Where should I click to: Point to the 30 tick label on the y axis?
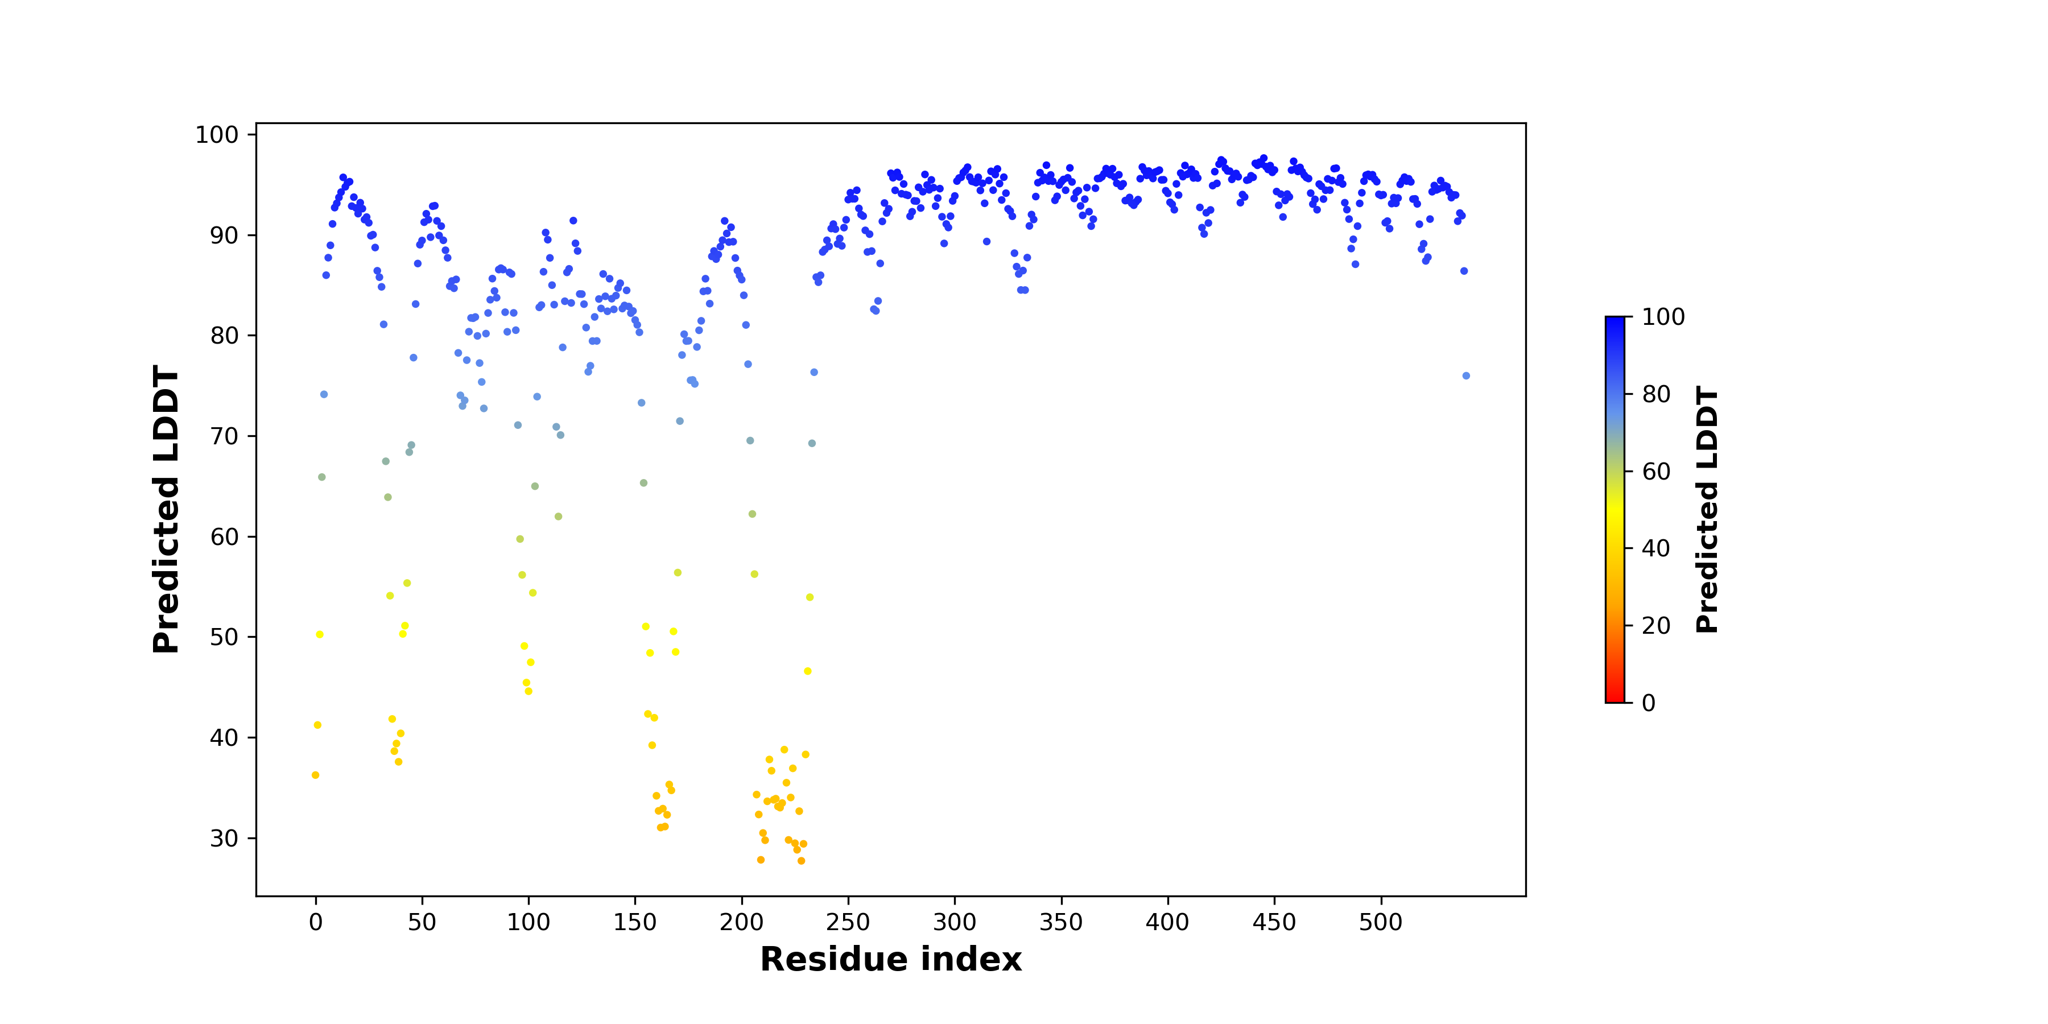pyautogui.click(x=224, y=838)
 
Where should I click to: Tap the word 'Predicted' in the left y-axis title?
pyautogui.click(x=166, y=564)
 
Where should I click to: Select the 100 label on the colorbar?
pyautogui.click(x=1663, y=317)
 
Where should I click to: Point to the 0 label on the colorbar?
pyautogui.click(x=1649, y=703)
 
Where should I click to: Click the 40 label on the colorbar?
pyautogui.click(x=1656, y=548)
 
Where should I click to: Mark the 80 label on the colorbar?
pyautogui.click(x=1656, y=394)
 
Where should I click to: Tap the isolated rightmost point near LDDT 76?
pyautogui.click(x=1466, y=376)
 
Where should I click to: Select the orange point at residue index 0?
pyautogui.click(x=316, y=775)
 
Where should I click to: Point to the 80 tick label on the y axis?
pyautogui.click(x=224, y=336)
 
